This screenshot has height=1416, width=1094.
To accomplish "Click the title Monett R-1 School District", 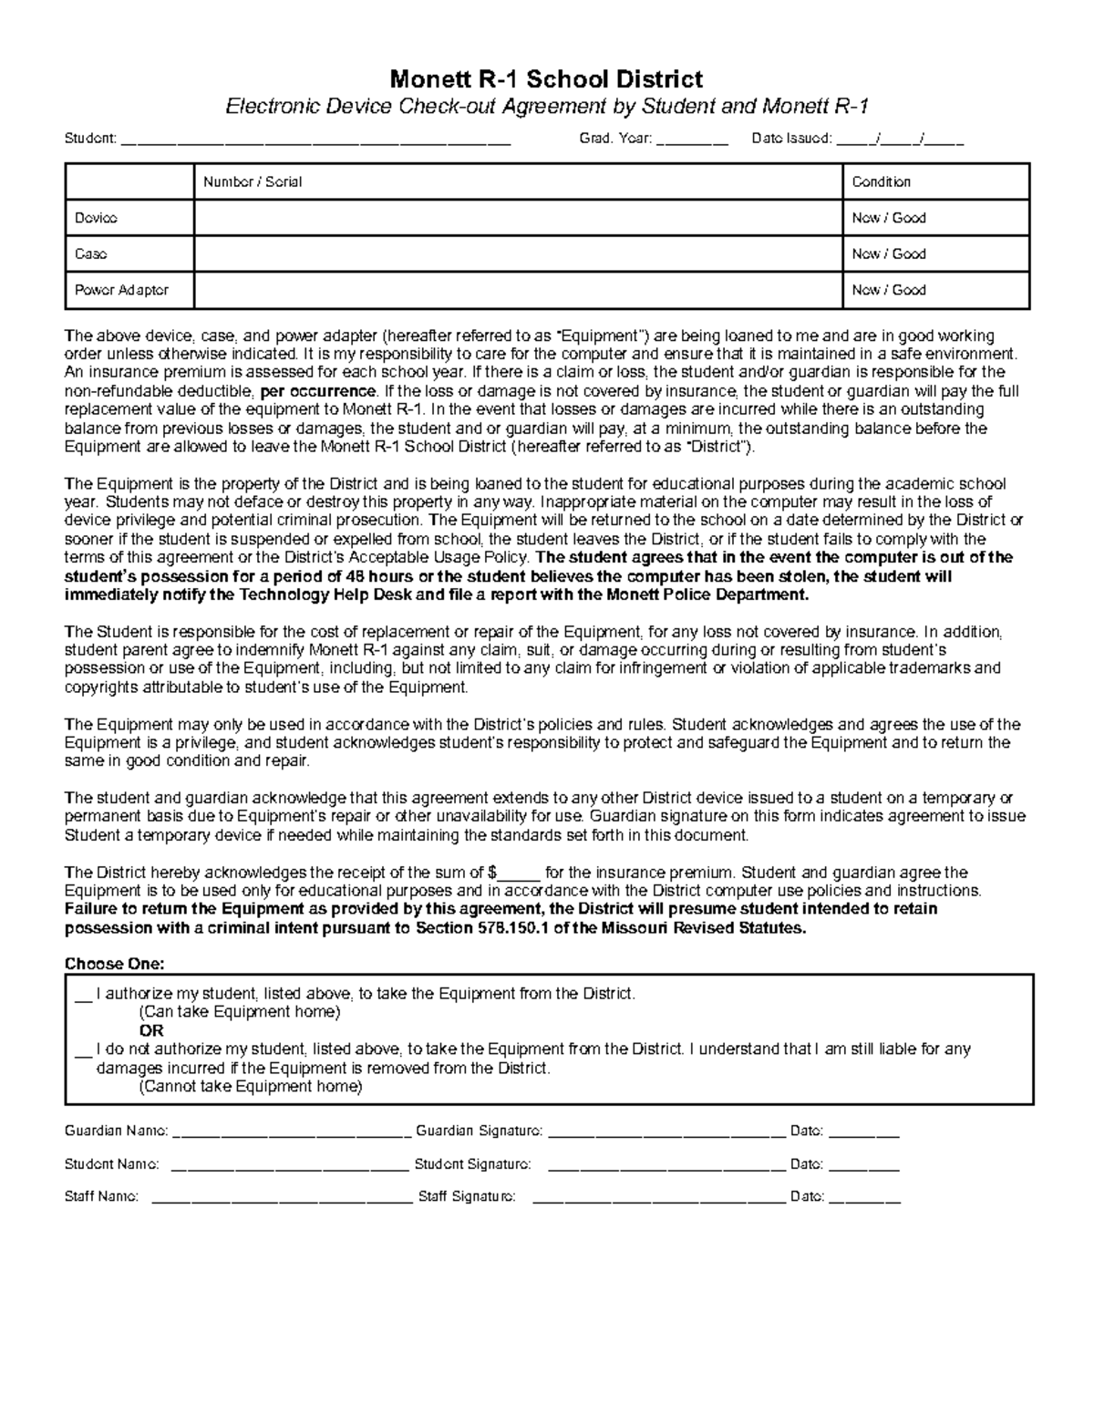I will coord(546,79).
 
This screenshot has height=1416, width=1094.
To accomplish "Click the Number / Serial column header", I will coord(253,181).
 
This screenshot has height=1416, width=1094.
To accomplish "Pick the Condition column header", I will coord(881,181).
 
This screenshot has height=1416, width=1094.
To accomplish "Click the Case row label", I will coord(91,253).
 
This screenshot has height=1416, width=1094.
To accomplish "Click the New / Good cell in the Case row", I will coord(888,253).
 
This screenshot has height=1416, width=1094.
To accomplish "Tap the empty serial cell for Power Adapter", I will coord(518,290).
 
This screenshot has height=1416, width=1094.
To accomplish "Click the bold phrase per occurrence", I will coord(317,391).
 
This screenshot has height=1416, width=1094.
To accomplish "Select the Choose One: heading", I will coord(115,964).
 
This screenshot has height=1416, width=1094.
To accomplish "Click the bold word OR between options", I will coord(151,1030).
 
